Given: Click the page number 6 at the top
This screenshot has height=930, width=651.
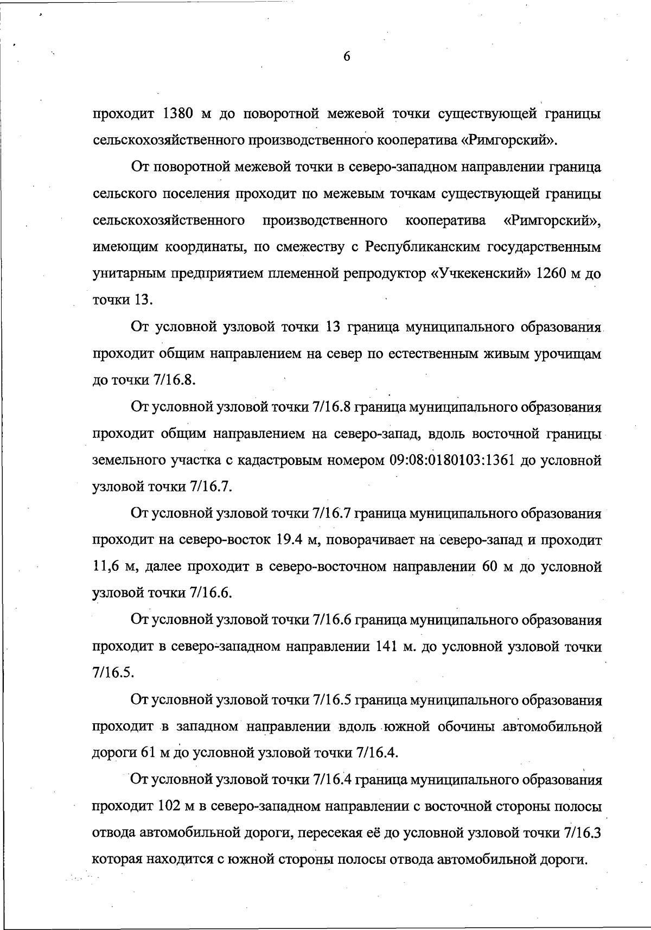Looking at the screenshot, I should pyautogui.click(x=347, y=56).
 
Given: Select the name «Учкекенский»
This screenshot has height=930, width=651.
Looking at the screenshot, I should pyautogui.click(x=480, y=273).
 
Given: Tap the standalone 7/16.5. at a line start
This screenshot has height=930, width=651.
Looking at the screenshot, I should pyautogui.click(x=113, y=673).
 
